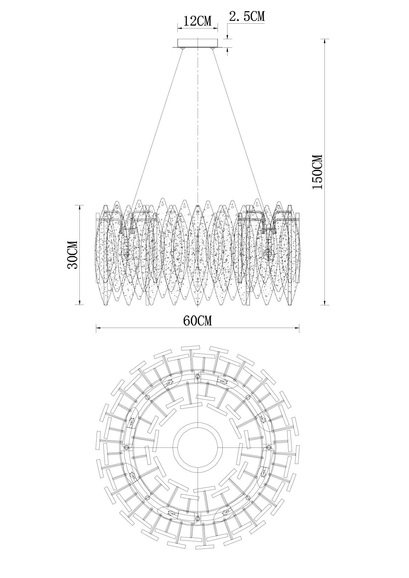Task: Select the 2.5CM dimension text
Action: [x=247, y=16]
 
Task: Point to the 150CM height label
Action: [x=317, y=172]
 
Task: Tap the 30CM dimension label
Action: [x=73, y=255]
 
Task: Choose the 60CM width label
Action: [x=198, y=321]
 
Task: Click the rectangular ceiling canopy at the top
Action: [x=198, y=43]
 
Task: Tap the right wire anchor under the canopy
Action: [x=212, y=48]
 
